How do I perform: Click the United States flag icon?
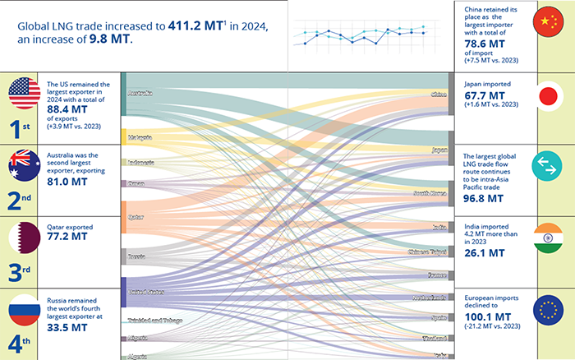[x=25, y=94]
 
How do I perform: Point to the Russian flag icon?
[x=25, y=310]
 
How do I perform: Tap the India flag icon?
[x=549, y=237]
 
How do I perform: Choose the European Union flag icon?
[x=549, y=310]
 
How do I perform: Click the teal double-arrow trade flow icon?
[x=549, y=165]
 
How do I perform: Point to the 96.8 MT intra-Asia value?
[x=483, y=198]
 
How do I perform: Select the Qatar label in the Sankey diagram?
[x=136, y=217]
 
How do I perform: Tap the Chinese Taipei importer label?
[x=426, y=251]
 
